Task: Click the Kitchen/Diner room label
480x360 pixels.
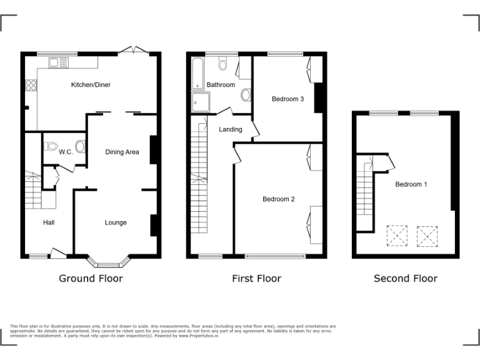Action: (91, 85)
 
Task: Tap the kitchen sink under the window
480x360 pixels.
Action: (54, 61)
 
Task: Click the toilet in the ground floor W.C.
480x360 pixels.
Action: (52, 146)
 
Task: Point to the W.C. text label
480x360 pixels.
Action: (66, 152)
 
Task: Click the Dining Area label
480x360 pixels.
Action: (122, 152)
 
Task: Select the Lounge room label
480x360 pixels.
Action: (116, 222)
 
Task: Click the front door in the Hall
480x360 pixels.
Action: (58, 252)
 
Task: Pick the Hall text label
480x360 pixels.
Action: (49, 222)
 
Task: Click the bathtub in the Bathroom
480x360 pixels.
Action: (197, 74)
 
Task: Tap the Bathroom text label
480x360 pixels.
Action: (221, 85)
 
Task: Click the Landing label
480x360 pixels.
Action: (230, 130)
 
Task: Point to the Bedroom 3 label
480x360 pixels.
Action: (287, 99)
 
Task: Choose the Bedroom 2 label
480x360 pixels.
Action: (278, 199)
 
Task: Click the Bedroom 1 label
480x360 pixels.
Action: (411, 184)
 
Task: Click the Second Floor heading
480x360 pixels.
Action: (405, 279)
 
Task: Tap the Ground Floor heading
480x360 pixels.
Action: (91, 279)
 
